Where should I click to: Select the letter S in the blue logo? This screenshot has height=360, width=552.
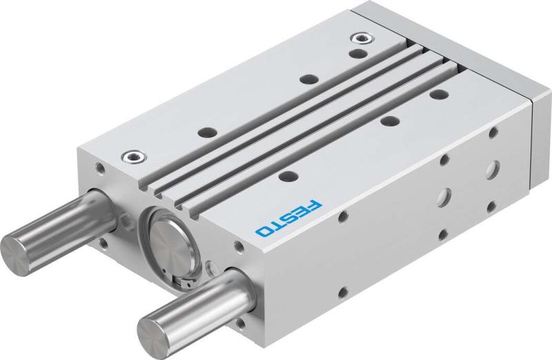coord(289,217)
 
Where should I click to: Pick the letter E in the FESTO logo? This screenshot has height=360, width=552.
coord(302,212)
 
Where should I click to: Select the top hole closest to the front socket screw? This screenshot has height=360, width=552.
coord(204,131)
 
